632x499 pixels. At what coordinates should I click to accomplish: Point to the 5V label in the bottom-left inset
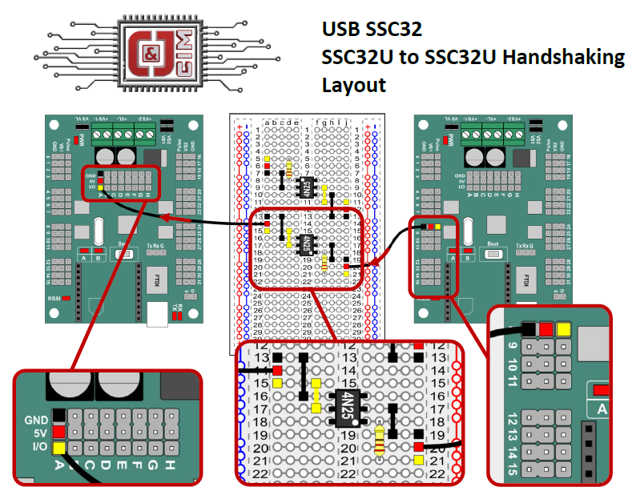click(x=40, y=433)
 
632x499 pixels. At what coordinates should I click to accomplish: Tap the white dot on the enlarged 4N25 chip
click(x=354, y=421)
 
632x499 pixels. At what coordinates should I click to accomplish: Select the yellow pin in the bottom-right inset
click(x=564, y=328)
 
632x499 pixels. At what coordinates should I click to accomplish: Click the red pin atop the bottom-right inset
click(x=546, y=328)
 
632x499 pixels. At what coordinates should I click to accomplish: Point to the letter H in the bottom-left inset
click(x=170, y=465)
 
